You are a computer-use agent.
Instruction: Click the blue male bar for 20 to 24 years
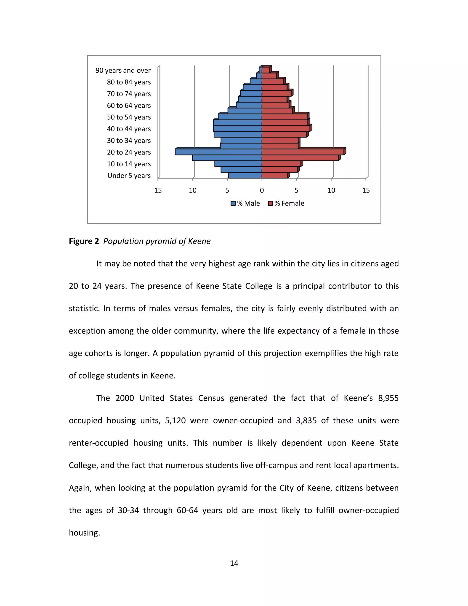click(218, 152)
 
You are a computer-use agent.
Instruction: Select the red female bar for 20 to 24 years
click(303, 152)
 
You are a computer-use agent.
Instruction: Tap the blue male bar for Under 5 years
click(245, 175)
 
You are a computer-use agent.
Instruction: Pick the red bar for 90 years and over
click(266, 70)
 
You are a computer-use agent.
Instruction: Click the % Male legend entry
click(245, 203)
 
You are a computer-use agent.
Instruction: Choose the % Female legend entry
click(286, 203)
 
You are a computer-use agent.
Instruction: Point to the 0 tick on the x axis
click(262, 190)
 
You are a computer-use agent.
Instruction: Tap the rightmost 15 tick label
click(366, 190)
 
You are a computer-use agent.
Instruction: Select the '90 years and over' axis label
click(123, 70)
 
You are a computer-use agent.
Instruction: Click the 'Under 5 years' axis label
click(129, 176)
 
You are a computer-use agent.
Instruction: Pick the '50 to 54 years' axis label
click(129, 117)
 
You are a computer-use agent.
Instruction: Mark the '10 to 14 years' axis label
click(129, 164)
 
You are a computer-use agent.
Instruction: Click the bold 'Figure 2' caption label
click(84, 241)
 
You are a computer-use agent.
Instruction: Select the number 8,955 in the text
click(388, 398)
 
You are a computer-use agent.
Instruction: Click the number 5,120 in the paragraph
click(175, 421)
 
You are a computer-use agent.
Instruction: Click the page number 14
click(234, 563)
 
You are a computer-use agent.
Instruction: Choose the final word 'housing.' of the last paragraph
click(84, 533)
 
